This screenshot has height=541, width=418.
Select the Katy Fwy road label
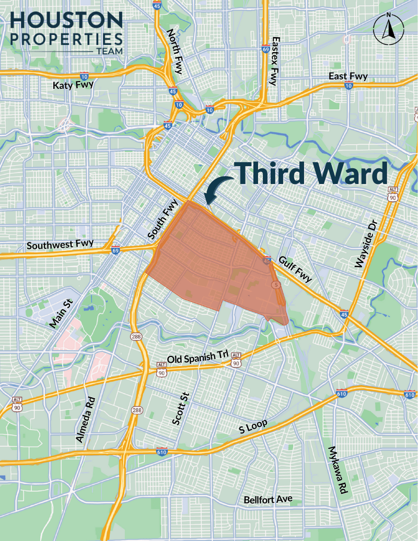tap(73, 85)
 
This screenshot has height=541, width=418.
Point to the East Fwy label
tap(348, 76)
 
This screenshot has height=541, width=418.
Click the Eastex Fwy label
tap(276, 61)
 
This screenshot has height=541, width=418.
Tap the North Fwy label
tap(174, 51)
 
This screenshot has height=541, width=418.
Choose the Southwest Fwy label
tap(60, 244)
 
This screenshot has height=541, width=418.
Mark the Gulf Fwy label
tap(295, 269)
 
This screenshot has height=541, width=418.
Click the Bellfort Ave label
tap(268, 499)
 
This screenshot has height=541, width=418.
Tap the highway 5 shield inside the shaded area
tap(275, 285)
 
